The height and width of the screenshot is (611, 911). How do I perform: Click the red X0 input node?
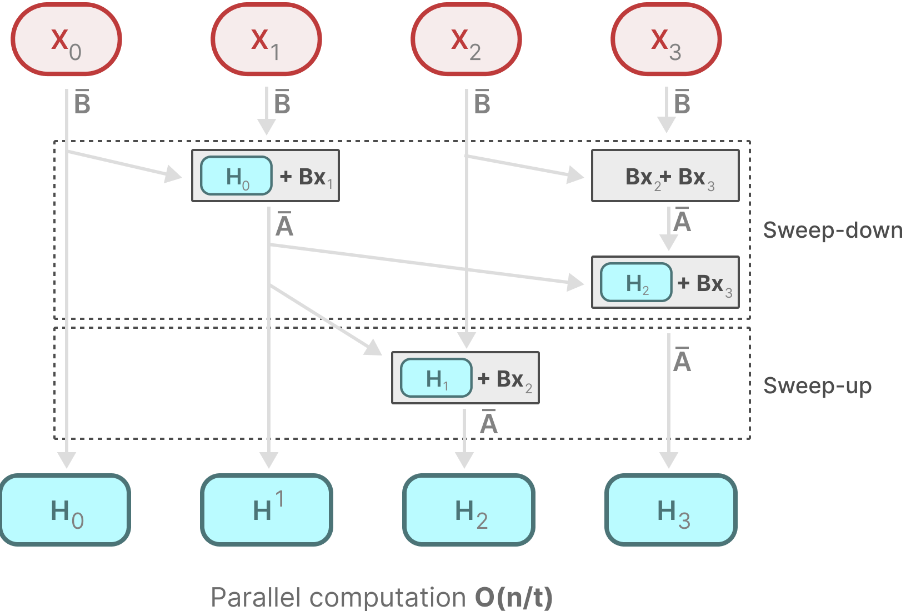pos(66,39)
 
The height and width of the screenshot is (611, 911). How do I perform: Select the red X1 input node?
pos(266,39)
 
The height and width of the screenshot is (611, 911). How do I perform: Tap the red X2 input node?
pos(466,39)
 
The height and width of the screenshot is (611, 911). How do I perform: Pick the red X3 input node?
pos(666,39)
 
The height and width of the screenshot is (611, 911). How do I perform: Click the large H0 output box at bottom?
pos(66,510)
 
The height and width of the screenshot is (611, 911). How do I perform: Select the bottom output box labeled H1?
pos(267,510)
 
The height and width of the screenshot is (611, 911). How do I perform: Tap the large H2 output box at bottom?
pos(469,510)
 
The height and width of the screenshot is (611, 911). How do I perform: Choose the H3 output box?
pos(671,510)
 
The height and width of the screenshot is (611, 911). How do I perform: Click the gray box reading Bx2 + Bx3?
pos(665,176)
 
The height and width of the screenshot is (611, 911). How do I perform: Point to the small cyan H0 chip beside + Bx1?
pos(236,176)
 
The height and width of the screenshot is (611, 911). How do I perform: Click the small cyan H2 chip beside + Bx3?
pos(636,283)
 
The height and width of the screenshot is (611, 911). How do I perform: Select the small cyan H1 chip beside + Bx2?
pos(436,378)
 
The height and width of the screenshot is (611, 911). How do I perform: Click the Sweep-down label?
pos(832,230)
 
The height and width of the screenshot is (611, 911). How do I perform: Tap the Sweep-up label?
pos(817,385)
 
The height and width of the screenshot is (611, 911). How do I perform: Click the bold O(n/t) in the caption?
pos(514,598)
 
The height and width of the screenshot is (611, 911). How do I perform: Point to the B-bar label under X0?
pos(82,102)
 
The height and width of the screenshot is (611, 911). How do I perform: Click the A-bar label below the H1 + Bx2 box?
pos(489,423)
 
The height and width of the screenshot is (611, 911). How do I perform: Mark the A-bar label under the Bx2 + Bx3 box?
pos(682,221)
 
